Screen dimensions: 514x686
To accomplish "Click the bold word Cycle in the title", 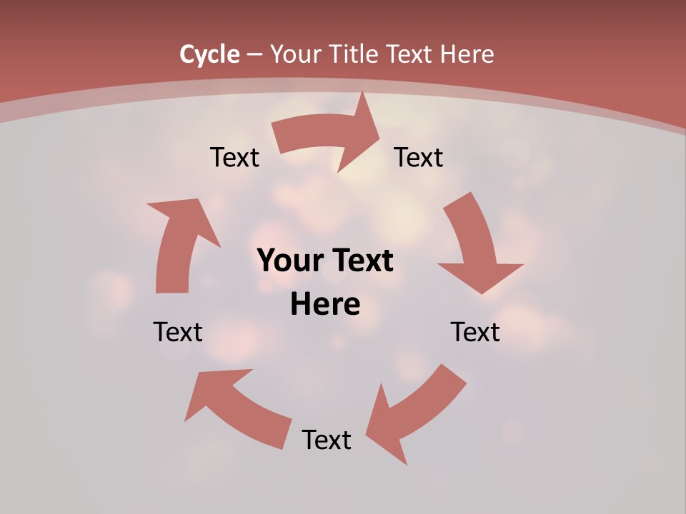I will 209,54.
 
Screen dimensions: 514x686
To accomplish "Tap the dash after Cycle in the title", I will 254,54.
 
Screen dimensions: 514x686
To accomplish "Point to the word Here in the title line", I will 467,54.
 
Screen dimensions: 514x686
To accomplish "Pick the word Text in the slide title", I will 412,54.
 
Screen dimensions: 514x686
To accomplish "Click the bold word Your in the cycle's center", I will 286,261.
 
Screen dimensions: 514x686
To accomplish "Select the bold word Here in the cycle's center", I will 325,305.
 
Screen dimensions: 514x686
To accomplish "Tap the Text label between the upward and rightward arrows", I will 234,157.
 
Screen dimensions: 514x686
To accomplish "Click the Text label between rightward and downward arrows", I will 419,157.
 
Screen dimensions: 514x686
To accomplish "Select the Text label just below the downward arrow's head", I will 475,332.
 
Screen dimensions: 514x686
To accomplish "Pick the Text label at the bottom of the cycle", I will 327,440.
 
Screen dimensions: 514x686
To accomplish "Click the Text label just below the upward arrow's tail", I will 178,332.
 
